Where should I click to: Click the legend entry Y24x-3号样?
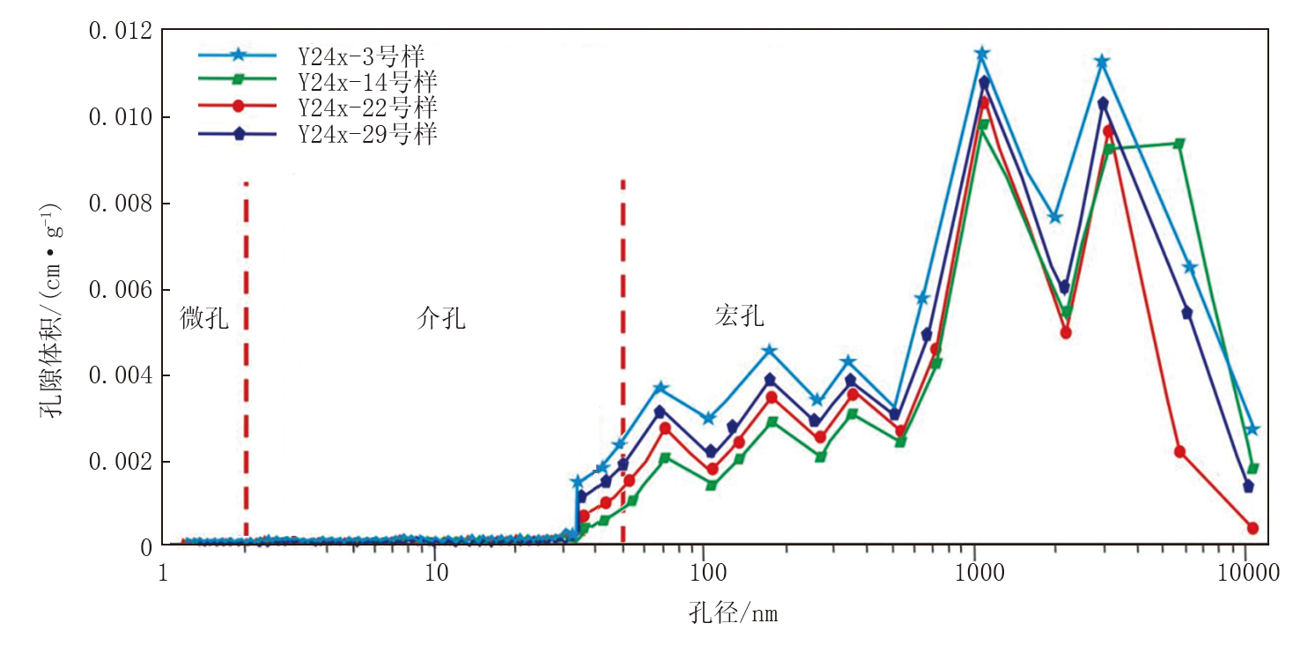(x=360, y=56)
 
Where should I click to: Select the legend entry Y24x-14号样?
(x=366, y=82)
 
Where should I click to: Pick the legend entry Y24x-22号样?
(x=366, y=108)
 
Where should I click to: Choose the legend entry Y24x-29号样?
(x=366, y=134)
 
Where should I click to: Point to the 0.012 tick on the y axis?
(x=120, y=32)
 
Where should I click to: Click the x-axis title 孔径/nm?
(x=733, y=613)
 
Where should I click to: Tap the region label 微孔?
(x=204, y=318)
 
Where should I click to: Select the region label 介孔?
(x=440, y=318)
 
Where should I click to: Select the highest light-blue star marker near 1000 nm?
(x=982, y=54)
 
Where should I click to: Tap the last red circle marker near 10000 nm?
(x=1252, y=528)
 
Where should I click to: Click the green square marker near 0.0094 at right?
(x=1179, y=144)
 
